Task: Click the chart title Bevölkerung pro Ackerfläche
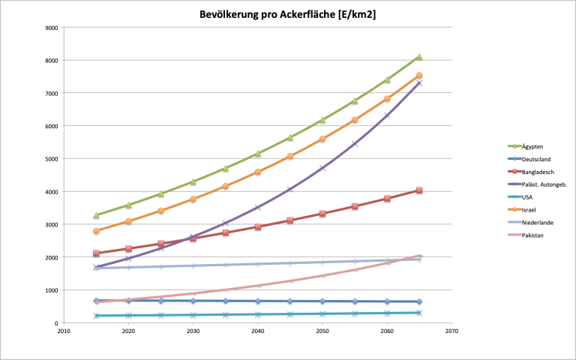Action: click(x=288, y=15)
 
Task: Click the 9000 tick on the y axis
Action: click(x=52, y=28)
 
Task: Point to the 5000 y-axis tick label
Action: click(x=52, y=159)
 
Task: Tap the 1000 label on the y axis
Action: click(x=52, y=290)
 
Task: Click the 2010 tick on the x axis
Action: click(x=64, y=330)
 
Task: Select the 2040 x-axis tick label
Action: click(x=258, y=330)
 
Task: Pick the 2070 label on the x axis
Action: click(x=451, y=330)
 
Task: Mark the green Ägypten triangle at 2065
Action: click(x=419, y=57)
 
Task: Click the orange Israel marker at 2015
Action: click(x=97, y=231)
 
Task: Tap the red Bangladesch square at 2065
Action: click(x=419, y=190)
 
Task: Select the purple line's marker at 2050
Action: click(x=322, y=168)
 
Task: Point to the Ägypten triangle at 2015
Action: click(x=97, y=215)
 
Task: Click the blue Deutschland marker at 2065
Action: click(x=419, y=301)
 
